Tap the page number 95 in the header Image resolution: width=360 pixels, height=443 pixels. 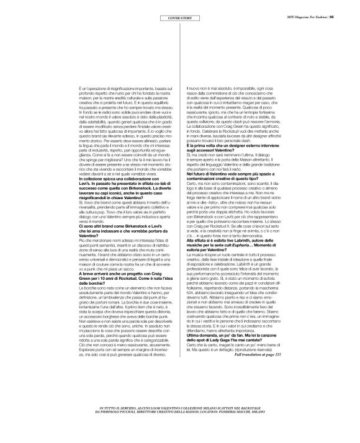click(350, 8)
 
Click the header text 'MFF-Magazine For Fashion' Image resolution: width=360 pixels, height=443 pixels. click(320, 8)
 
